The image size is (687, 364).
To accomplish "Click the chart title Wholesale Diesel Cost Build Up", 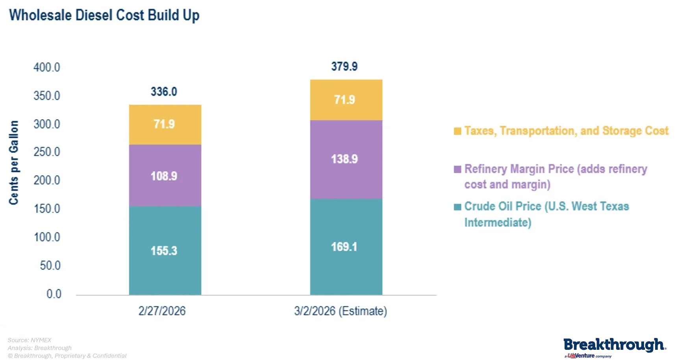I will coord(104,15).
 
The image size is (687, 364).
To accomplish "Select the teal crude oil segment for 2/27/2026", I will coord(165,251).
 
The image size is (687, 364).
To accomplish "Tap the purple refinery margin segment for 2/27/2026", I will coord(165,176).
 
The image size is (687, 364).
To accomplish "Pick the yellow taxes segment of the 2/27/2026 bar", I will coord(165,124).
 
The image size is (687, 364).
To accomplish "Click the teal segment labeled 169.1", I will coord(346,247).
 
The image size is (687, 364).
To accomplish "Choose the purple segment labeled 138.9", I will coord(346,159).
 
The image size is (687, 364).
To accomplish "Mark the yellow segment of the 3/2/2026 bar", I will coord(346,100).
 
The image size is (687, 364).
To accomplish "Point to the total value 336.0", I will coord(164,92).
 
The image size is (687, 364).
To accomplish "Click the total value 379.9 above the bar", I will coord(344,67).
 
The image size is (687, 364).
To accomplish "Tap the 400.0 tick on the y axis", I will coord(47,67).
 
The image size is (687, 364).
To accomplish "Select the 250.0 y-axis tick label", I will coord(47,152).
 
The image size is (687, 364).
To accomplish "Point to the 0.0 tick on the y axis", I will coord(54,294).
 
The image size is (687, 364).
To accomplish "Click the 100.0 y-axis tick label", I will coord(47,237).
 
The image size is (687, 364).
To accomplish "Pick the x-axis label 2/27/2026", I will coord(162,311).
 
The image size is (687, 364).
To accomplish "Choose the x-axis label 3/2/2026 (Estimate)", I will coord(341,311).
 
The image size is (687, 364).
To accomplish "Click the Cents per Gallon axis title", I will coord(14,162).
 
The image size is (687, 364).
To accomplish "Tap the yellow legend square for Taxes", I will coord(457,131).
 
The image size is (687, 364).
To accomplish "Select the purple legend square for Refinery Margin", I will coord(457,169).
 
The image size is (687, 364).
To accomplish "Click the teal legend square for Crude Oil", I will coord(457,207).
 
